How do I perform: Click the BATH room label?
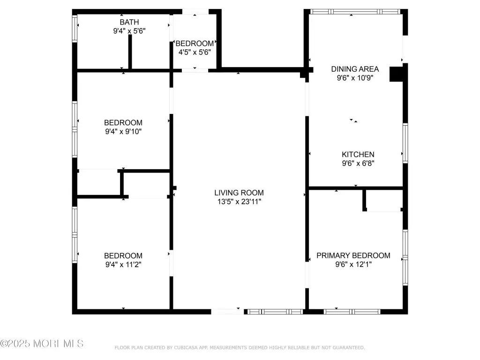coord(129,22)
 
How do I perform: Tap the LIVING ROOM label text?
coord(239,193)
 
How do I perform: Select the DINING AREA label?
coord(355,69)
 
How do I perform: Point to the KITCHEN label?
coord(358,154)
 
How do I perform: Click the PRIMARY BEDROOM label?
coord(353,255)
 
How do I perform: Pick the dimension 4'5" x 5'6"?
coord(195,52)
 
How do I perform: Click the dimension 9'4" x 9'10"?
coord(123,132)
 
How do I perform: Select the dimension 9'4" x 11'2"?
coord(123,264)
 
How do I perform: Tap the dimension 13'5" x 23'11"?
coord(239,202)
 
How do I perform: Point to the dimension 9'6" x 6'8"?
coord(358,163)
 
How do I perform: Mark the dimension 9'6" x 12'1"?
coord(353,264)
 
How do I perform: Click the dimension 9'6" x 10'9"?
coord(355,78)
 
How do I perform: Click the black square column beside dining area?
coord(396,74)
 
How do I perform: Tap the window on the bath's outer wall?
coord(75,29)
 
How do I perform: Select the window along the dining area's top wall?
coord(355,12)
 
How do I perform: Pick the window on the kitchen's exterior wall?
coord(405,143)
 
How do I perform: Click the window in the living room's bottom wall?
coord(275,312)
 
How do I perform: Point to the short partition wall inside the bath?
coord(130,52)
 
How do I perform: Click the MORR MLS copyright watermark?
coord(42,344)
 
